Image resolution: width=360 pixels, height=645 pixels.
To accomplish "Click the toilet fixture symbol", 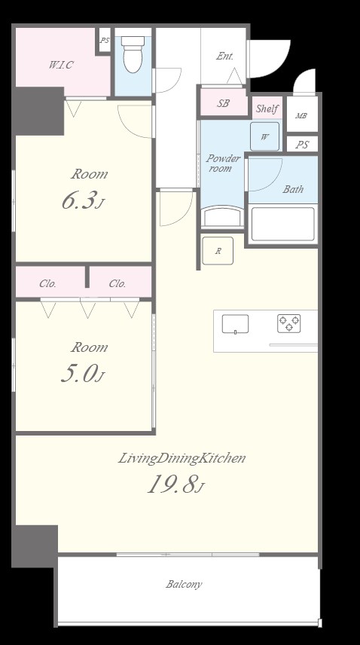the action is tap(133, 54).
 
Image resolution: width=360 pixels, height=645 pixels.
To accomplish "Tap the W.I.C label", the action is tap(61, 65).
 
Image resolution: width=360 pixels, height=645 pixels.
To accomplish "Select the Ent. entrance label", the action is tap(224, 57).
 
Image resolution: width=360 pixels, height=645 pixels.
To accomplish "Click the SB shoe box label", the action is tap(223, 103).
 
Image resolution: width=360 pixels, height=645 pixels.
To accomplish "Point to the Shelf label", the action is tap(267, 109).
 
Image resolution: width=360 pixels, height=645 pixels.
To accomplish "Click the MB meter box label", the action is tap(301, 116).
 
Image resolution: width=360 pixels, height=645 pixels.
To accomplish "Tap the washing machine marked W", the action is tap(264, 136).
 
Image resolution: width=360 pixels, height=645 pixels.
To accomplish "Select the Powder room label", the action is tap(223, 164).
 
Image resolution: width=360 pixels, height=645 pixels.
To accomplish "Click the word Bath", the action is tap(293, 189).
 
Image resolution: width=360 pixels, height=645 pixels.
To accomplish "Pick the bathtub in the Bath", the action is tap(282, 225).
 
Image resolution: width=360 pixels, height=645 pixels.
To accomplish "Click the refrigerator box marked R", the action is tap(218, 250).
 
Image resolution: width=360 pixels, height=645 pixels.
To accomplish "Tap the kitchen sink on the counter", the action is tap(235, 324).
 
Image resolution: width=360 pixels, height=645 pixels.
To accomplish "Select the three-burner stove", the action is tap(289, 323).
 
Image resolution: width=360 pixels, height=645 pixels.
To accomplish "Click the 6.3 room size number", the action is tap(81, 200).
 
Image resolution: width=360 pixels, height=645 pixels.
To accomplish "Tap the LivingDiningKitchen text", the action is tap(182, 458).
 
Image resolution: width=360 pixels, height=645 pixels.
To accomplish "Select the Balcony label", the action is tap(184, 584).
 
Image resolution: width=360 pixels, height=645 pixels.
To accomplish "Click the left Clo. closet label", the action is tap(47, 283).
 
